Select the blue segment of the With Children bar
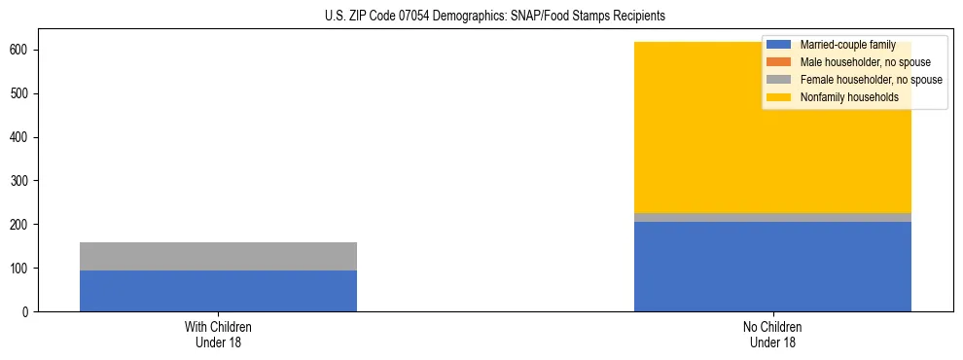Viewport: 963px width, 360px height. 218,291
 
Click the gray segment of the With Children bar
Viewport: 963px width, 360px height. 218,256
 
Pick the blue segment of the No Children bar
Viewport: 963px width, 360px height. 772,267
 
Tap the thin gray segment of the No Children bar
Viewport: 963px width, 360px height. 772,217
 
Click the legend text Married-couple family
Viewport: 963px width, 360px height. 847,45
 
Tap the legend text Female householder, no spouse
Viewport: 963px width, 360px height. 871,80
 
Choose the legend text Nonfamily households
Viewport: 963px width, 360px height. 849,97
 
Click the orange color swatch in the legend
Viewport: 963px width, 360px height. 779,62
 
